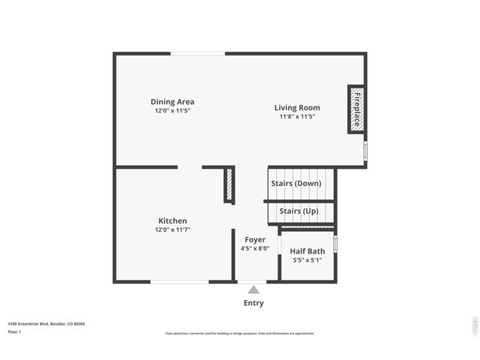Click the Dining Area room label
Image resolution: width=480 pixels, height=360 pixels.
coord(172,102)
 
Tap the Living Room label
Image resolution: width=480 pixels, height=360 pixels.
coord(297,108)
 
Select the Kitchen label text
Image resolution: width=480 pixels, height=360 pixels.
coord(172,220)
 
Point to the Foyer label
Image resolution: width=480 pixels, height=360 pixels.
coord(255,239)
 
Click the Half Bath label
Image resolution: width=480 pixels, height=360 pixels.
coord(307,251)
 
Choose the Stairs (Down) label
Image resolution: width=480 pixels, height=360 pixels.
coord(296,183)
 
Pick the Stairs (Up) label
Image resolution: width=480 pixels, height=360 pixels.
coord(298,211)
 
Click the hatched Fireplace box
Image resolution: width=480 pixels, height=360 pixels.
coord(356,109)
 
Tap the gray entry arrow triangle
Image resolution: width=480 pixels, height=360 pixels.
coord(253,289)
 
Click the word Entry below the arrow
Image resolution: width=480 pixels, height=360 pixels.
coord(253,303)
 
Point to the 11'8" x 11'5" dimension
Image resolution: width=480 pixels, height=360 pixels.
coord(297,116)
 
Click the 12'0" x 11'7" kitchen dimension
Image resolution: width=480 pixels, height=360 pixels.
coord(172,229)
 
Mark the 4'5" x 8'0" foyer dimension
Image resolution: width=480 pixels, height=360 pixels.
coord(255,248)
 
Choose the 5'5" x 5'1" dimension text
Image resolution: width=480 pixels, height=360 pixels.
coord(307,260)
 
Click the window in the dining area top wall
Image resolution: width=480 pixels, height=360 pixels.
coord(198,53)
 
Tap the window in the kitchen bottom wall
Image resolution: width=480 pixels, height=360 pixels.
coord(179,282)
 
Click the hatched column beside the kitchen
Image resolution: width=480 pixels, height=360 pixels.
coord(229,184)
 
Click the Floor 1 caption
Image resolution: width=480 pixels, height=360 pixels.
coord(14,331)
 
